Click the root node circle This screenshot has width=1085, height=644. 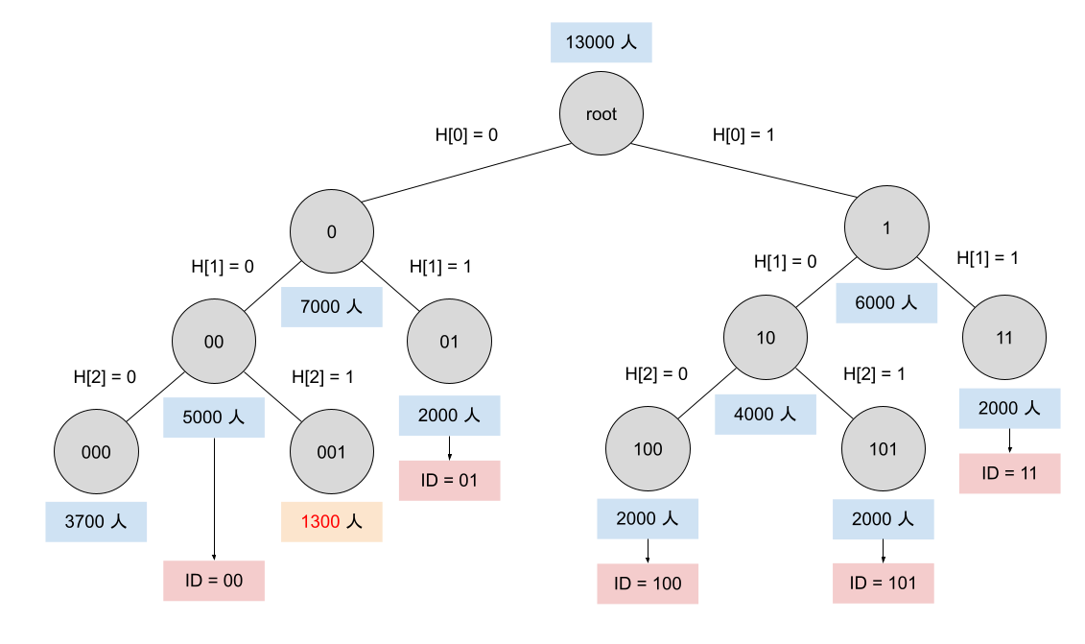click(x=601, y=114)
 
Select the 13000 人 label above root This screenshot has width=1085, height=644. click(x=601, y=43)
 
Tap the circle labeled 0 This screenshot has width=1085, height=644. click(x=332, y=231)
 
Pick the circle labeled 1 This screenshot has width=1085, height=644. click(x=886, y=227)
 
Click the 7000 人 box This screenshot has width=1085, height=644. click(x=332, y=307)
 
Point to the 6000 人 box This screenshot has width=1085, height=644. click(x=886, y=303)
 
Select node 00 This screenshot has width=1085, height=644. click(x=214, y=342)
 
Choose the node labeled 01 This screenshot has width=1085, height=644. click(x=449, y=342)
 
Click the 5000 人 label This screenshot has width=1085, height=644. click(x=214, y=417)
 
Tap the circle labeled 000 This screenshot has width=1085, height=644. click(x=96, y=452)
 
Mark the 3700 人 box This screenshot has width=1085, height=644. click(x=96, y=522)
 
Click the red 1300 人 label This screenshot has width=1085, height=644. click(x=332, y=522)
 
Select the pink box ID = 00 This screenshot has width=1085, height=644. click(x=214, y=581)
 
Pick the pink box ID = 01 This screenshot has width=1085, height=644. click(x=449, y=480)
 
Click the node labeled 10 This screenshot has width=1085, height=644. click(x=766, y=338)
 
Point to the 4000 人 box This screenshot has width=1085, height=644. click(x=766, y=414)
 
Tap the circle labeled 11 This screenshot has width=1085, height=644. click(x=1004, y=338)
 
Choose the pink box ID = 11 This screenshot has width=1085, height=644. click(x=1009, y=473)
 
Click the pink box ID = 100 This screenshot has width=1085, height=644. click(x=648, y=584)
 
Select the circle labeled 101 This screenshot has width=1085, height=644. click(x=883, y=449)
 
